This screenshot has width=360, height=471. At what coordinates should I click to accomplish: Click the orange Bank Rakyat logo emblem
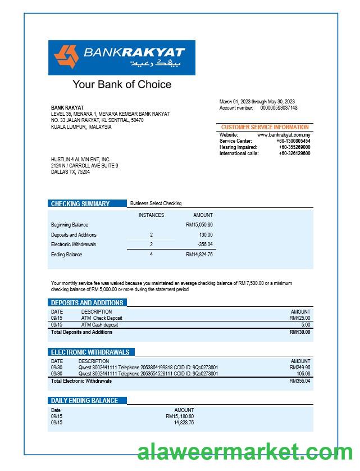point(66,57)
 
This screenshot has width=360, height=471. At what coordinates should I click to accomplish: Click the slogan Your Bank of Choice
point(122,85)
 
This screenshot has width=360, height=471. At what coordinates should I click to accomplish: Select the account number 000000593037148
point(279,108)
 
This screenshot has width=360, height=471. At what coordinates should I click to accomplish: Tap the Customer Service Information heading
point(265,128)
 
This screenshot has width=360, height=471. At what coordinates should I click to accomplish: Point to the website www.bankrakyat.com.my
point(284,135)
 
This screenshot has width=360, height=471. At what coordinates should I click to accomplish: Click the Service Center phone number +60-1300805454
point(294,141)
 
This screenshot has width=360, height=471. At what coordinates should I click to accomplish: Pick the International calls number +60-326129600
point(294,153)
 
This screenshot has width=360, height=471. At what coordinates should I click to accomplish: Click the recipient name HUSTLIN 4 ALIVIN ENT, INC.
point(81,160)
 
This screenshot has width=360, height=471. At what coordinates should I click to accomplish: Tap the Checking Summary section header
point(80,203)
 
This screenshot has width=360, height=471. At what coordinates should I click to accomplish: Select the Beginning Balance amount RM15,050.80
point(199,225)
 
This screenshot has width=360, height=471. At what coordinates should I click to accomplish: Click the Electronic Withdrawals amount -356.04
point(205,244)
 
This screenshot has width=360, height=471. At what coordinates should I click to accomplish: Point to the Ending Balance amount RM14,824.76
point(199,255)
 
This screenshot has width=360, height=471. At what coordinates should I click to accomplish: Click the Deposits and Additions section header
point(87,302)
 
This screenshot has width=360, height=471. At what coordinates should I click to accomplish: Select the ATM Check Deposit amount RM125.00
point(300,318)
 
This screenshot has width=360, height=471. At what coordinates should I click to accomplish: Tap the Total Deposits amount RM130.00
point(300,332)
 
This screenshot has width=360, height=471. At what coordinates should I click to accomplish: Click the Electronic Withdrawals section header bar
point(90,352)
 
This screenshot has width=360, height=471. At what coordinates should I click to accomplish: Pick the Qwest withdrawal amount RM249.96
point(300,368)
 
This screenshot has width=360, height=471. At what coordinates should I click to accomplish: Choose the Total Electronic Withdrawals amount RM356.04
point(300,381)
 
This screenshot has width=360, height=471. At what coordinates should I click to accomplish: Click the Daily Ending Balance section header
point(85,401)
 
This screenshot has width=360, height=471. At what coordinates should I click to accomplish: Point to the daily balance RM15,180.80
point(180,416)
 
